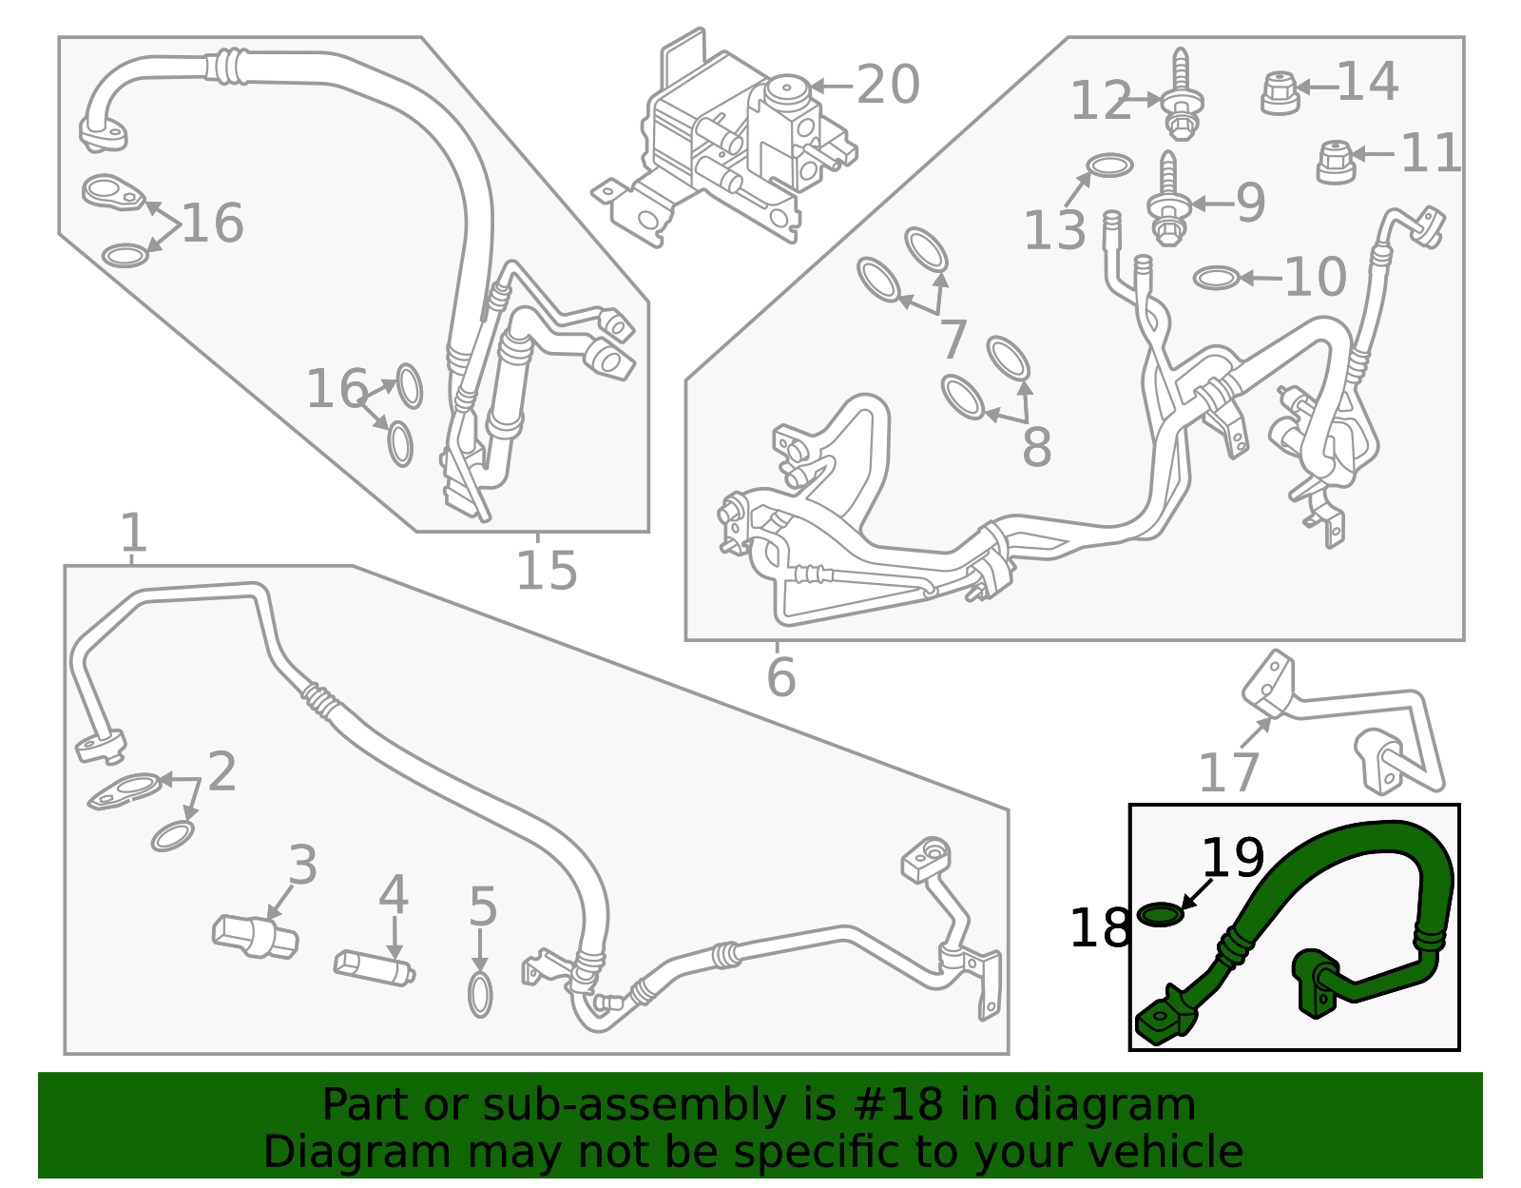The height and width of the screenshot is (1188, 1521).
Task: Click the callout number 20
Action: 888,85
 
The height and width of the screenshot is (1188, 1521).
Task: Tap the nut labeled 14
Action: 1280,92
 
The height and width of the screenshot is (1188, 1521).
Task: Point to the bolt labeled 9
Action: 1169,203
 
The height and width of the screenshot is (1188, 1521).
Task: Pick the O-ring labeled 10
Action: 1216,278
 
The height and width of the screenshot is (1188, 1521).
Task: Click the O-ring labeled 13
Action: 1109,166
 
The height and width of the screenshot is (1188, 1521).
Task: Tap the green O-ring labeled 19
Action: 1161,915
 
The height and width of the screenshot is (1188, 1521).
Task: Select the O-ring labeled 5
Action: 480,994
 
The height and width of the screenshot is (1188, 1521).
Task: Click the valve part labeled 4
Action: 374,967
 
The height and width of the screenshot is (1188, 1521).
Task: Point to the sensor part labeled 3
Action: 255,936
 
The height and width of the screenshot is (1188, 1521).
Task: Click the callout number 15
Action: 547,571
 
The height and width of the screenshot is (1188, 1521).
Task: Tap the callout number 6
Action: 780,677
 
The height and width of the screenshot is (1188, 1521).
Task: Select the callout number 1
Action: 133,533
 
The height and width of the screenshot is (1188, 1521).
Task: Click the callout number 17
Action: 1228,772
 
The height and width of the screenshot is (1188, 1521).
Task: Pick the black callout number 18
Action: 1100,927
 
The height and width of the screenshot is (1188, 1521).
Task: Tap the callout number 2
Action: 221,771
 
